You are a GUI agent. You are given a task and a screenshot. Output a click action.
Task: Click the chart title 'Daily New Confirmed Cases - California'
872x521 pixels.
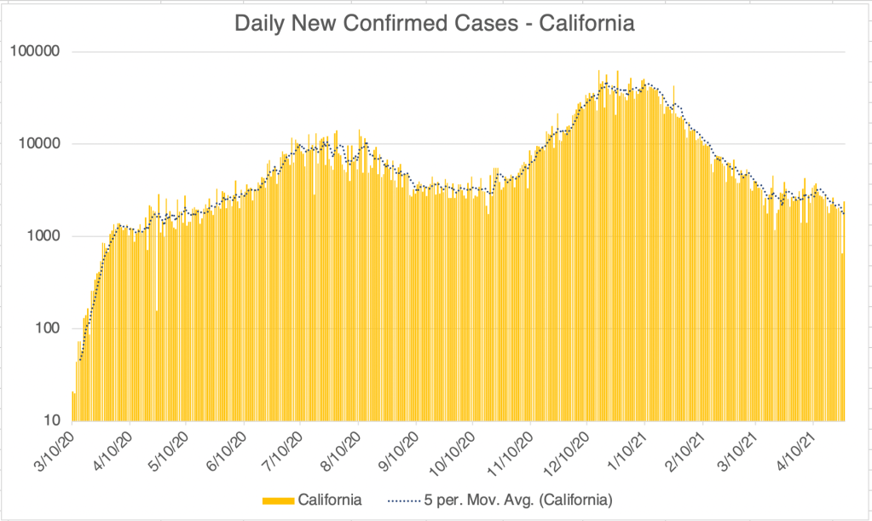coord(435,22)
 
